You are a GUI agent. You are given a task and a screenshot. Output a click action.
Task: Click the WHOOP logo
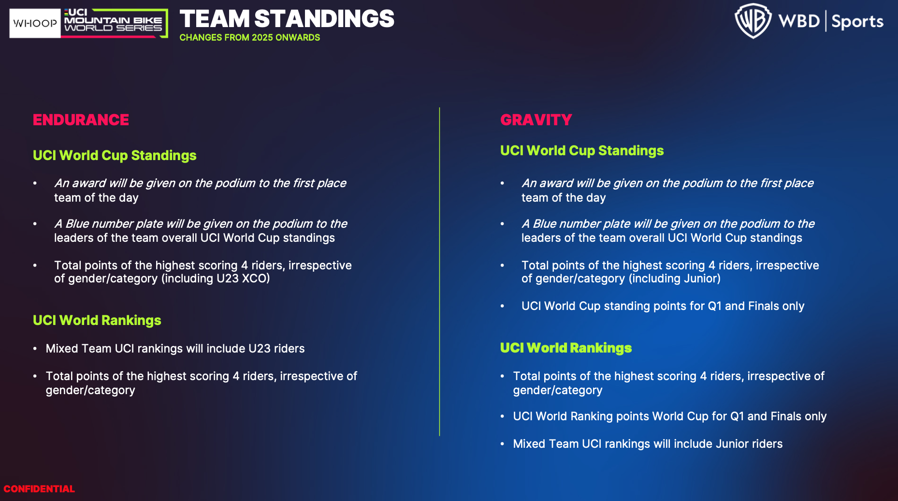click(35, 23)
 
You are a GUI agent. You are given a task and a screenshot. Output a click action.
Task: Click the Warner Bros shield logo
click(753, 21)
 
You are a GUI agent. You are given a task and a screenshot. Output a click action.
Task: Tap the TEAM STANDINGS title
click(287, 19)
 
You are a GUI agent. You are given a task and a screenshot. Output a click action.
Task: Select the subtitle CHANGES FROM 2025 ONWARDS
click(250, 38)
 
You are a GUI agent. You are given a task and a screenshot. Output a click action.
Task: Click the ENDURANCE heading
click(81, 120)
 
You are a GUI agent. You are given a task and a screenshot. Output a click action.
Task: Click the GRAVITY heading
click(536, 120)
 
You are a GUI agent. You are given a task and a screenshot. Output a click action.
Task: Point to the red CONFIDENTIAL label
click(39, 489)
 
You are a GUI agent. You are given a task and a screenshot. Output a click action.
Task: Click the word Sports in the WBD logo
click(857, 22)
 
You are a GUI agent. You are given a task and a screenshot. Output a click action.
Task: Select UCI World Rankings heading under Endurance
click(97, 320)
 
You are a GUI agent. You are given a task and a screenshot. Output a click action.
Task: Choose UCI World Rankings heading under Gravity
click(566, 348)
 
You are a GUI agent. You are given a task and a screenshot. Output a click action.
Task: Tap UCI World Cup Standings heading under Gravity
click(582, 151)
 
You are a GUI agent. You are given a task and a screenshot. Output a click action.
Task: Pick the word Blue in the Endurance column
click(77, 224)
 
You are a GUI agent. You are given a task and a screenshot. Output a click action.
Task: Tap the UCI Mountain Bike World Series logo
click(115, 23)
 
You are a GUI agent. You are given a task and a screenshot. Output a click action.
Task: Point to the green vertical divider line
click(439, 271)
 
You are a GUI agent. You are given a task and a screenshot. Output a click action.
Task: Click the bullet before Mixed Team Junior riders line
click(502, 444)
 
